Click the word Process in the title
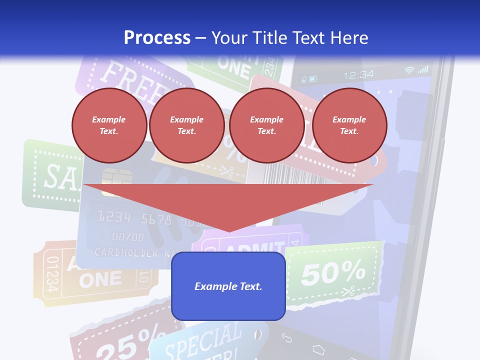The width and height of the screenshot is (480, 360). point(157,38)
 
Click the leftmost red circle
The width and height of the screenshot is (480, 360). point(109,125)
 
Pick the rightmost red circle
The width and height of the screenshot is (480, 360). point(349,125)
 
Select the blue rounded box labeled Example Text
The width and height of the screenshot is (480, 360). point(228,286)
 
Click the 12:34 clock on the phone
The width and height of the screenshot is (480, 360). point(358,75)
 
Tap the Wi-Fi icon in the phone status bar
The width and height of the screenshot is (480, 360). point(409,70)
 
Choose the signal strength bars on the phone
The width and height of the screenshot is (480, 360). point(423,69)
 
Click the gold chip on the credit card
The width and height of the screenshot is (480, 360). point(116,179)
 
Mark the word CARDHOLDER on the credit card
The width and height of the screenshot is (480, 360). point(127,253)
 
